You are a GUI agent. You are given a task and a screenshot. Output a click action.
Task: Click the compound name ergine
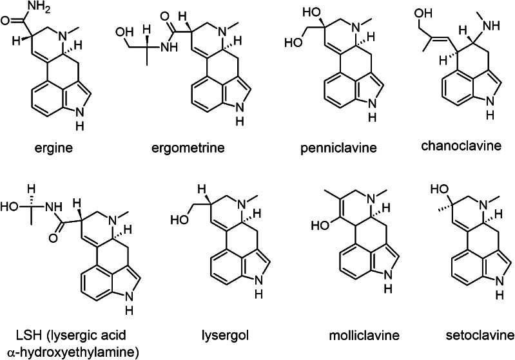[53, 147]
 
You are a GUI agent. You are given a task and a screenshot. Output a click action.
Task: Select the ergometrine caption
[188, 147]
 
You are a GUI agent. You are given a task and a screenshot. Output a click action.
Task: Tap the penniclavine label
[338, 147]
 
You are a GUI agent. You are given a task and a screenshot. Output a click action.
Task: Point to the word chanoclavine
[462, 146]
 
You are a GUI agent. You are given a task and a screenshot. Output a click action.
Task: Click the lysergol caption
[225, 336]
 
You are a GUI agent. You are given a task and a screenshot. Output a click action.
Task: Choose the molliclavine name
[364, 336]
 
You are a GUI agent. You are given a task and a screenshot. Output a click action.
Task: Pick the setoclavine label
[480, 336]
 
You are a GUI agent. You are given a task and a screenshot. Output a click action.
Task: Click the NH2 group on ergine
[39, 6]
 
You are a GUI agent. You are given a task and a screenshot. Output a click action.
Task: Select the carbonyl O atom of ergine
[6, 21]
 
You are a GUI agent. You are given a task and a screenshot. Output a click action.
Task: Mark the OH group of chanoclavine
[423, 14]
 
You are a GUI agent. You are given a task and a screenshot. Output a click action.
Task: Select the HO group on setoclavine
[439, 189]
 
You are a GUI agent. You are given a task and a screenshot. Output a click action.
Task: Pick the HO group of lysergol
[180, 220]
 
